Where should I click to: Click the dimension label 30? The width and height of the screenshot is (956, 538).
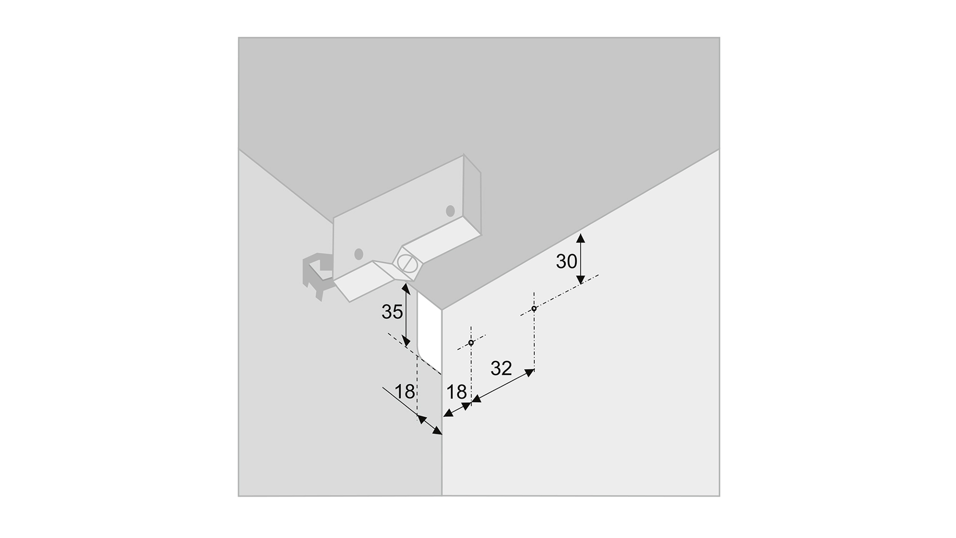(x=566, y=262)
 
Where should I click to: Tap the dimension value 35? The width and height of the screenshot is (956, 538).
(x=392, y=312)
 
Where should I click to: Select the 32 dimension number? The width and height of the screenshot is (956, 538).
(x=501, y=368)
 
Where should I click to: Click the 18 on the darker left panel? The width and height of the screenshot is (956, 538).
(x=405, y=392)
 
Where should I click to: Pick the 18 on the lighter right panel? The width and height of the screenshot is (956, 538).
(x=457, y=392)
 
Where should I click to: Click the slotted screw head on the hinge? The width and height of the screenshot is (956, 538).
(x=407, y=263)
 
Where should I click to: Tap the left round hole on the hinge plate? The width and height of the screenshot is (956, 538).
(x=358, y=254)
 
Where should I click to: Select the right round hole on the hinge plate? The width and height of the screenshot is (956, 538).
(x=450, y=211)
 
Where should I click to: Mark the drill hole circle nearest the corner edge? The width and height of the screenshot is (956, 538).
(x=471, y=343)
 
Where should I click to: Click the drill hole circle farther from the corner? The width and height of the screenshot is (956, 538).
(x=534, y=308)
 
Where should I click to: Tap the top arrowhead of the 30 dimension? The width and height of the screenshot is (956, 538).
(x=580, y=237)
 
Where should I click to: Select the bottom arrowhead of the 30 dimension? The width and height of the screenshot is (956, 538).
(x=580, y=280)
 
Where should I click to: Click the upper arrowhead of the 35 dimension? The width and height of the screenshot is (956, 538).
(x=406, y=288)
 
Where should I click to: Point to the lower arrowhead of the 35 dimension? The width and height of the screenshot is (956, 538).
(x=406, y=342)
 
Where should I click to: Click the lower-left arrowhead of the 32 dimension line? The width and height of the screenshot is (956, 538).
(x=476, y=399)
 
